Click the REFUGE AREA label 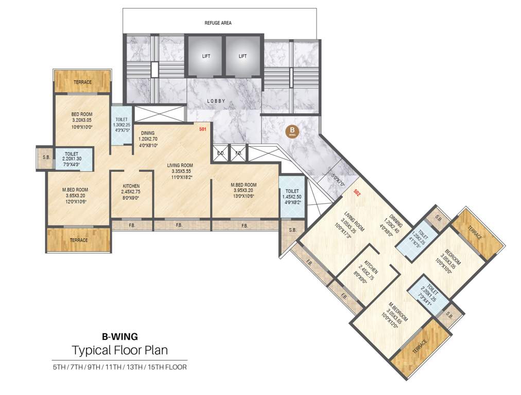coord(218,23)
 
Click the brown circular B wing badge coord(292,131)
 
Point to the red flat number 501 coord(202,130)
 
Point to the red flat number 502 coord(357,192)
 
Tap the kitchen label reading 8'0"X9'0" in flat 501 coord(131,197)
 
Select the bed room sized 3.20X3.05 coord(82,121)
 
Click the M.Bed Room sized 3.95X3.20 coord(244,190)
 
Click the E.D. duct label coord(221,153)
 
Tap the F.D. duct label coord(238,153)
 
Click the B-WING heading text coord(119,337)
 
